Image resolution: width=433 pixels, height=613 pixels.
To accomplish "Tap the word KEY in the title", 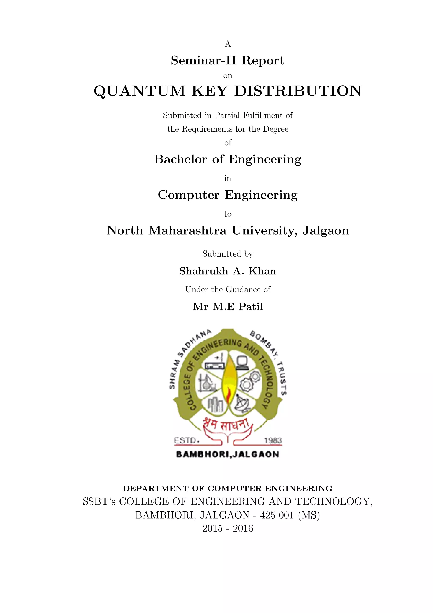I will point(209,91).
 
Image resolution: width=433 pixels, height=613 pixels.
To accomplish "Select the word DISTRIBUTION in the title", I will point(298,91).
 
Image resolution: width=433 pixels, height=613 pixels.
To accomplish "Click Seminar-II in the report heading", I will point(204,61).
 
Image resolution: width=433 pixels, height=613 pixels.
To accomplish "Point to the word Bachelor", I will point(181,159).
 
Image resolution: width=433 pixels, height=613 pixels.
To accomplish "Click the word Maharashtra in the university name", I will point(187,231).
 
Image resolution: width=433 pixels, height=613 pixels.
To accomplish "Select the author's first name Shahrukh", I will point(204,271).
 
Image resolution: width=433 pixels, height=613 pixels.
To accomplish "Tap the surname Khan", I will point(262,271).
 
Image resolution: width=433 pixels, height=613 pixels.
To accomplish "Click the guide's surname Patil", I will point(251,307).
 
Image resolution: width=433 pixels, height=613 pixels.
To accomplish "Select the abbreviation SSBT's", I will point(99,502).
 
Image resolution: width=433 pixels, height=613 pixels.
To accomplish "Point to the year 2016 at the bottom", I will point(243,528).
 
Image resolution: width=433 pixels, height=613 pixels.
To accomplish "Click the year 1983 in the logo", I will point(273,440).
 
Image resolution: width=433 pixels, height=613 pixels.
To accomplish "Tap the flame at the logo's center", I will point(228,382).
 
